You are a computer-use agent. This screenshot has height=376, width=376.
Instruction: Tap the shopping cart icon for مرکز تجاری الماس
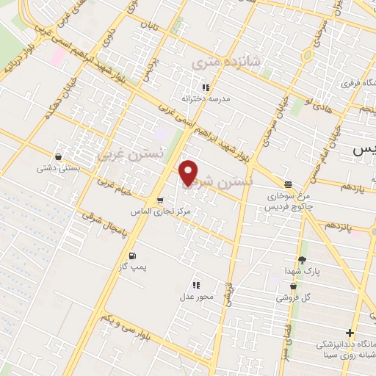[x=159, y=200]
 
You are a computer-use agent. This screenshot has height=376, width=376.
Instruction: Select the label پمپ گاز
[x=133, y=267]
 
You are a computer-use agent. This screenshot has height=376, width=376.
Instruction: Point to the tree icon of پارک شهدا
[x=302, y=260]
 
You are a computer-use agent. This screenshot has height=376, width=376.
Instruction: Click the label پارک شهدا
[x=303, y=272]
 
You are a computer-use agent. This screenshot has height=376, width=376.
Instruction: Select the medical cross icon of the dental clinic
[x=350, y=333]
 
